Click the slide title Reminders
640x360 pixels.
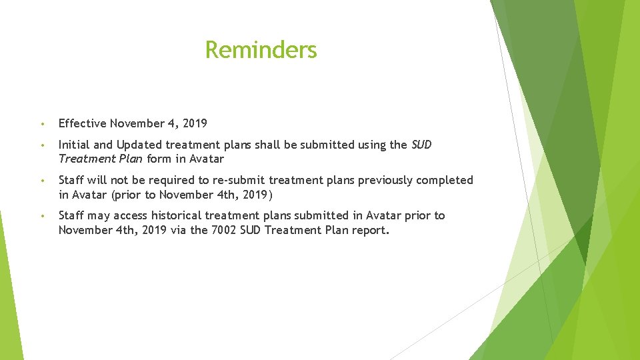(x=261, y=49)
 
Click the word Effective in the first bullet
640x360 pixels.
(x=82, y=123)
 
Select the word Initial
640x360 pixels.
(x=73, y=145)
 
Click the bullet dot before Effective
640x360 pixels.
(x=42, y=124)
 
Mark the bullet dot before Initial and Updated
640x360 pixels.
(x=42, y=145)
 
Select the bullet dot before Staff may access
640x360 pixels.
(x=42, y=216)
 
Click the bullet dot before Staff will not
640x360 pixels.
(x=42, y=181)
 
